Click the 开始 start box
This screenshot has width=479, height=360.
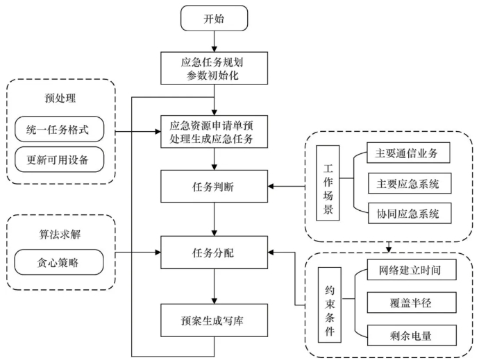[215, 19]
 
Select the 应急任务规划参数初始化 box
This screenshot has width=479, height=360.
[215, 67]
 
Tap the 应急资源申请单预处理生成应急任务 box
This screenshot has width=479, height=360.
[215, 130]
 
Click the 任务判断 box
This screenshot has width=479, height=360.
[215, 186]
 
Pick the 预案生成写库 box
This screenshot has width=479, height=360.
[215, 320]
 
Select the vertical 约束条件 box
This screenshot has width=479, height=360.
[327, 303]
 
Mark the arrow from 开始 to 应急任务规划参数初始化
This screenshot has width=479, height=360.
[215, 42]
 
